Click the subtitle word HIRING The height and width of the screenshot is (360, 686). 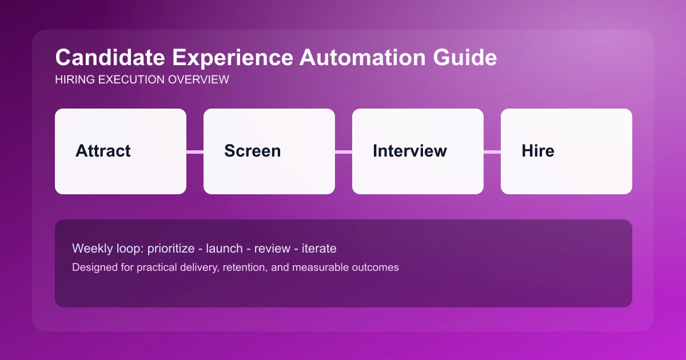(74, 80)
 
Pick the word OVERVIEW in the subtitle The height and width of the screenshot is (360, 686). (198, 80)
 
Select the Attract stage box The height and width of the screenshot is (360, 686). (121, 151)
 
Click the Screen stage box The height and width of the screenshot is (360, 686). (269, 151)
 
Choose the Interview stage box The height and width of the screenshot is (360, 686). (418, 151)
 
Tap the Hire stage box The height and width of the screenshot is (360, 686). (567, 151)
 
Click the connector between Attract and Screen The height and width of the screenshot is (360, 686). (195, 151)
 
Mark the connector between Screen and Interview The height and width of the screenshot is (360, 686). (344, 151)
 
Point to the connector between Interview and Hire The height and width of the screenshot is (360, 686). (492, 151)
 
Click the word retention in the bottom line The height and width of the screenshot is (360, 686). (233, 267)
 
